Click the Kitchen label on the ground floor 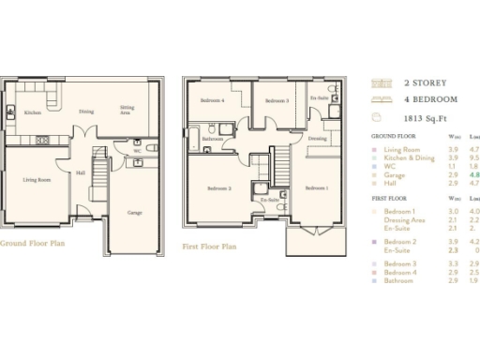[32, 112]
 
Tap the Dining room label [85, 111]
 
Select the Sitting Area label [127, 110]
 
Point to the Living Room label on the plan [37, 180]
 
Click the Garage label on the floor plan [135, 213]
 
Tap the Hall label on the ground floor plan [81, 172]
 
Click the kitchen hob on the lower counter [43, 141]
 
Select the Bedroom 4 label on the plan [213, 100]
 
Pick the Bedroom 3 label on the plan [276, 100]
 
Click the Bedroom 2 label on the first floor [218, 188]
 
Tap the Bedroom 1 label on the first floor [317, 188]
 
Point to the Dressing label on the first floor [317, 138]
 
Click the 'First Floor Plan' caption [209, 247]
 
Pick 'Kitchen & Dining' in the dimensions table [409, 157]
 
